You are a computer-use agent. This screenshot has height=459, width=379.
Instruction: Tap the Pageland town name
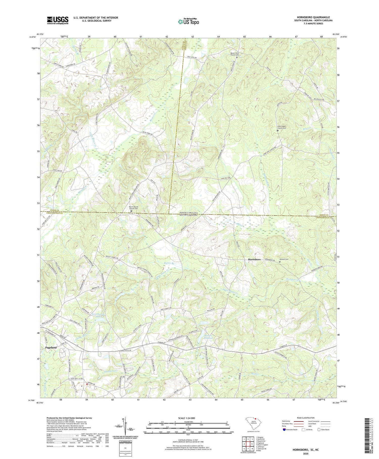[51, 348]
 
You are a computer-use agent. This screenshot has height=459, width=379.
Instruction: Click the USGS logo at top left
[58, 20]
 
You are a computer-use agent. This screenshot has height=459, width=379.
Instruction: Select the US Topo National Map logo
[188, 22]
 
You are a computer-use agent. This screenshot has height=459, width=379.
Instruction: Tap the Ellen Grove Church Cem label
[281, 128]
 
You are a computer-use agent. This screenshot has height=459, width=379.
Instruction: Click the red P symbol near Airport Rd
[87, 384]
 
